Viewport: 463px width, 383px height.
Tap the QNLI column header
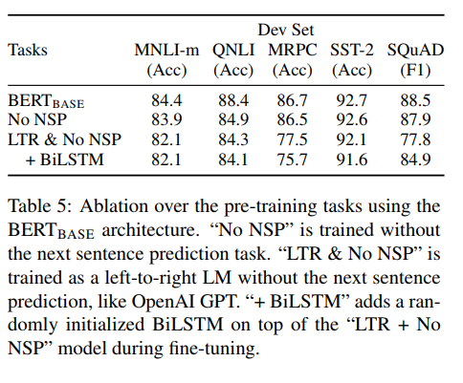234,50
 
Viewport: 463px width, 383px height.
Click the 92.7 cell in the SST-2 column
354,99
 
